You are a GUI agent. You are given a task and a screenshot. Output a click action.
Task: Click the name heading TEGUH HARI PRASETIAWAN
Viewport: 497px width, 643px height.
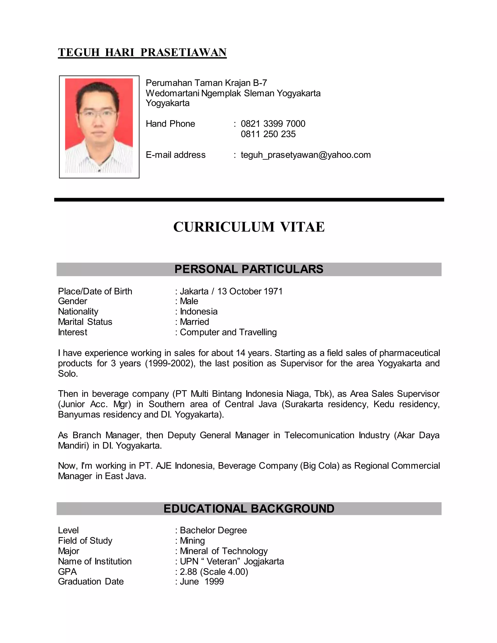[142, 52]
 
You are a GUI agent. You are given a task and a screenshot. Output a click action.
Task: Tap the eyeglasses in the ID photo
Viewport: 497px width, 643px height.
[98, 114]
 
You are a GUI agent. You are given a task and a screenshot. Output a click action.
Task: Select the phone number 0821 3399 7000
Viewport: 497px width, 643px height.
[273, 124]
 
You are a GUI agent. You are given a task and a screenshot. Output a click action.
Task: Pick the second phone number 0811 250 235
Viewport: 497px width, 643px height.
[268, 134]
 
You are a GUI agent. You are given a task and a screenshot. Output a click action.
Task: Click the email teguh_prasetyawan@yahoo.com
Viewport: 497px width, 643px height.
[306, 155]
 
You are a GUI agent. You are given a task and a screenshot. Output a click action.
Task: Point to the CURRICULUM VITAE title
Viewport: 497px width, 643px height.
[249, 227]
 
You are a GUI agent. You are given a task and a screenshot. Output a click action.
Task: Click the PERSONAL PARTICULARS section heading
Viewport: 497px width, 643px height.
[249, 269]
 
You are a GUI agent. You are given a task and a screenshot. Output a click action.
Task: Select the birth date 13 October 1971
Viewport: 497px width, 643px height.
[250, 291]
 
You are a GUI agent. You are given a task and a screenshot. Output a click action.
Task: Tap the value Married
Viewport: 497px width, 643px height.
[194, 322]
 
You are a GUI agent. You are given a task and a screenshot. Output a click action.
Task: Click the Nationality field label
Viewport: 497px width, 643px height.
[78, 312]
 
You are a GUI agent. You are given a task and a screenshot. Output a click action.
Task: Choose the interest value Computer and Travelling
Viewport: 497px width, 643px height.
[228, 332]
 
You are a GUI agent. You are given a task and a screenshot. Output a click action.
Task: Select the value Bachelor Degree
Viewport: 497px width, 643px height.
[213, 530]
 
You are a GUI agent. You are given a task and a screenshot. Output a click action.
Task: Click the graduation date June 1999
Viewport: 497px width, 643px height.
[202, 581]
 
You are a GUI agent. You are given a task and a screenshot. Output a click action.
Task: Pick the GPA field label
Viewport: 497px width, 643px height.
[67, 571]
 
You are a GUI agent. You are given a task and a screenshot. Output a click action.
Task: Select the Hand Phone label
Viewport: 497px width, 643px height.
[170, 124]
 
